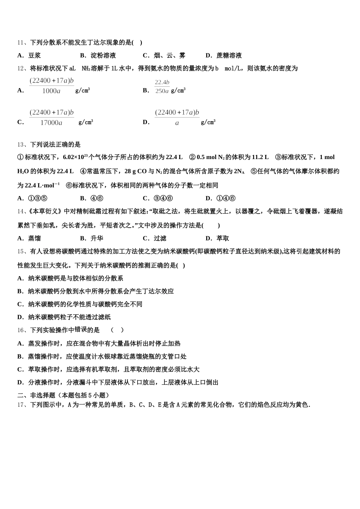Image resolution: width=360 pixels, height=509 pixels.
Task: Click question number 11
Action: [21, 43]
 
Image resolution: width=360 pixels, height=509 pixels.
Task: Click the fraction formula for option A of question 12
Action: [52, 86]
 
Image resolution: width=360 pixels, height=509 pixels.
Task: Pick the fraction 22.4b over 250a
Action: [162, 87]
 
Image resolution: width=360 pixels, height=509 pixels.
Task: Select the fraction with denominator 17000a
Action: [52, 118]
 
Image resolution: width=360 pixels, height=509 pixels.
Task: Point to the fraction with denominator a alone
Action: [177, 118]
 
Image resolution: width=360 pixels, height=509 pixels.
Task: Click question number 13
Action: [21, 145]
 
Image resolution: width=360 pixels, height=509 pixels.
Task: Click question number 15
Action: [21, 251]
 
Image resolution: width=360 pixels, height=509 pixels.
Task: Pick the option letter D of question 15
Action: [20, 317]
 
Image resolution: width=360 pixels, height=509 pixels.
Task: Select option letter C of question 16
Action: [20, 369]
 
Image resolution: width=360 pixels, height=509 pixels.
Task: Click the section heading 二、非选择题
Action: [36, 395]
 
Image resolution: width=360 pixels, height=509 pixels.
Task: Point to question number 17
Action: [21, 405]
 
